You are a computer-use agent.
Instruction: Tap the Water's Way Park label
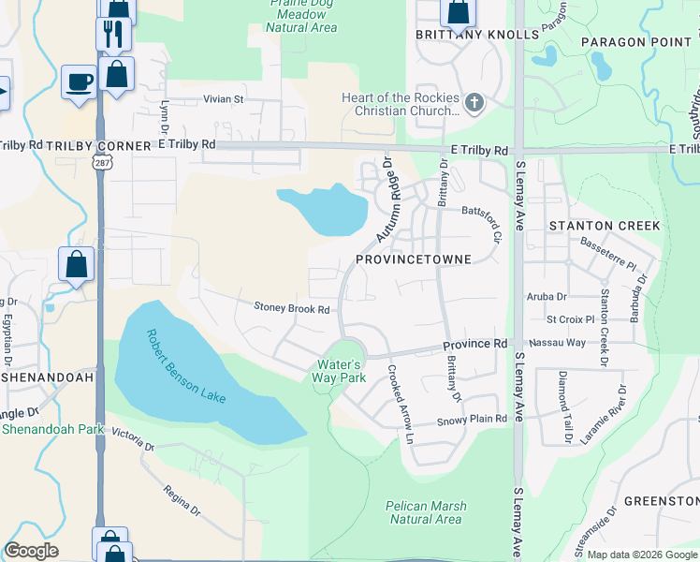coord(339,371)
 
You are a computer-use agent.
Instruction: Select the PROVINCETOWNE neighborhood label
coord(412,259)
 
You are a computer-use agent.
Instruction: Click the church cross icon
coord(474,103)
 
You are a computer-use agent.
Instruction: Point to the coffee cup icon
coord(79,81)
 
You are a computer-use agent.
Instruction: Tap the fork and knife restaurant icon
coord(112,34)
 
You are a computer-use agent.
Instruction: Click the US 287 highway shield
coord(98,162)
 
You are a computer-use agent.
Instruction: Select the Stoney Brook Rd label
coord(292,308)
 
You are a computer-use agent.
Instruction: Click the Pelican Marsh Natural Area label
coord(425,512)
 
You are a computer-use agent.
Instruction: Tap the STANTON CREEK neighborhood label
coord(605,226)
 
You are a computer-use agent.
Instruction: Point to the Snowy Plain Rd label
coord(473,420)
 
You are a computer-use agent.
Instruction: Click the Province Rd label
coord(474,345)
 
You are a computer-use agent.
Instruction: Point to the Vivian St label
coord(224,98)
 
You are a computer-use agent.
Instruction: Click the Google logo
coord(31,551)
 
